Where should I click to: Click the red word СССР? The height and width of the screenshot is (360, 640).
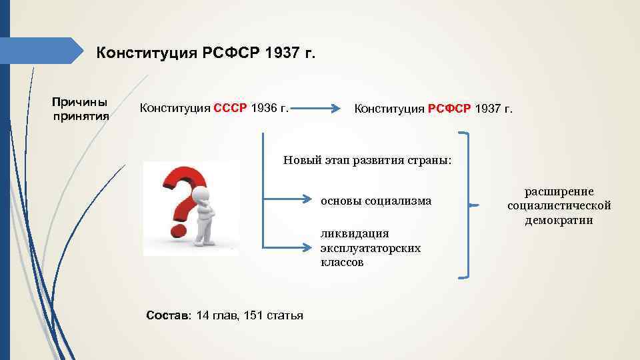(x=230, y=107)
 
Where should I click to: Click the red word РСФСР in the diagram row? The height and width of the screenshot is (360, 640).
(x=449, y=109)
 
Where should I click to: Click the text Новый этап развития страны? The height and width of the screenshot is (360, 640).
(x=367, y=161)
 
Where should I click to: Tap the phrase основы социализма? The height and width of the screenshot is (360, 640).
(x=376, y=200)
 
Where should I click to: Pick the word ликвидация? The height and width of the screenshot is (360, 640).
(x=355, y=233)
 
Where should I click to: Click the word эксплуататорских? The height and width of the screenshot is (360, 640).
(x=371, y=247)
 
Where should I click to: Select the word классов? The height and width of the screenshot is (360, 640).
(x=343, y=262)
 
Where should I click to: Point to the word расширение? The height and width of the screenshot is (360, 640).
(x=559, y=191)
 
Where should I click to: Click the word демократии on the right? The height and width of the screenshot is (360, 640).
(x=559, y=221)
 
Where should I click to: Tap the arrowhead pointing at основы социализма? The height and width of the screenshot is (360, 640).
(x=307, y=199)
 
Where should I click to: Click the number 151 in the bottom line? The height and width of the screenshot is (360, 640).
(x=254, y=315)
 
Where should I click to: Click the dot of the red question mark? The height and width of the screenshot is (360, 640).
(x=178, y=231)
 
